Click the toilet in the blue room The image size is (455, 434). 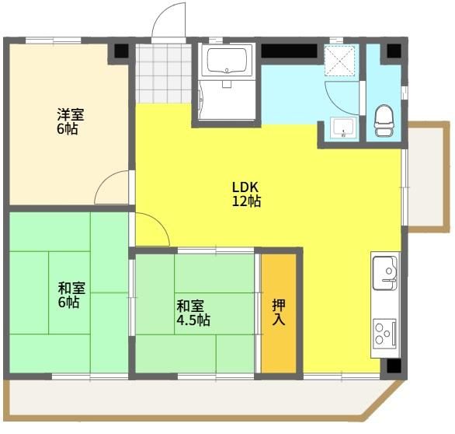click(384, 121)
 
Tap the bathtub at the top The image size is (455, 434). click(227, 60)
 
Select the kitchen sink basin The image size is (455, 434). click(385, 273)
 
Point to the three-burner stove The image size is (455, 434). click(385, 334)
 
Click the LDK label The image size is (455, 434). click(245, 187)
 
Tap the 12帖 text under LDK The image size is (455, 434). click(246, 201)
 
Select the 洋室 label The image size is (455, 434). click(71, 115)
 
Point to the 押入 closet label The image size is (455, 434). click(279, 312)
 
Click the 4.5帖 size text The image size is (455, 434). click(193, 320)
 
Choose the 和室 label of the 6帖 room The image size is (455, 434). click(71, 289)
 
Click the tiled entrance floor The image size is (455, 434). click(164, 73)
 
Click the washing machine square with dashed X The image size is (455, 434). click(339, 61)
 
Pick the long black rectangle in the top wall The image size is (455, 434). click(289, 51)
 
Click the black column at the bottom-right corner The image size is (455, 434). click(394, 366)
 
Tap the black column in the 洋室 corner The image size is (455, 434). click(121, 51)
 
